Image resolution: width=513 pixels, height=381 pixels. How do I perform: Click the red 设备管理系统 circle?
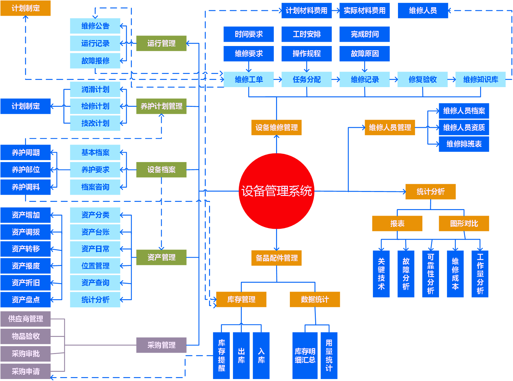(276, 191)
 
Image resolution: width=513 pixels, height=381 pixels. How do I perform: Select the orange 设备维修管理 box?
(276, 128)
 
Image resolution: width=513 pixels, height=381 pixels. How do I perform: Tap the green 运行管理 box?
(161, 43)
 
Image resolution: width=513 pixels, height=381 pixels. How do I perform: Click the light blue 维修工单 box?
(248, 80)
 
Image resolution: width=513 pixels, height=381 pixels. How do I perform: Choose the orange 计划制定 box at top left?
(25, 8)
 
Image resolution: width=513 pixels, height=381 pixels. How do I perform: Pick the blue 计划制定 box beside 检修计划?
(25, 106)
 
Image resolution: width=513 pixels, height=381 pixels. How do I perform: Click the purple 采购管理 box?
(161, 345)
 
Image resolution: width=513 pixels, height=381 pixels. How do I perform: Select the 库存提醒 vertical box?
(222, 355)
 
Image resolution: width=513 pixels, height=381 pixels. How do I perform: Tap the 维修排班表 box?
(464, 144)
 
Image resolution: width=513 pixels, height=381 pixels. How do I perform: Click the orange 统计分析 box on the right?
(430, 192)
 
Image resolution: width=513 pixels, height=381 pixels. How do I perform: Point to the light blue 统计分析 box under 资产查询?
(95, 300)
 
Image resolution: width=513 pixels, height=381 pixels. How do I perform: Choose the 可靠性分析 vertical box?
(431, 274)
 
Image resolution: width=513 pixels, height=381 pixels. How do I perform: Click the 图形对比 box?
(464, 224)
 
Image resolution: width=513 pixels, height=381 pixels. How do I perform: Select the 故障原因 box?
(364, 54)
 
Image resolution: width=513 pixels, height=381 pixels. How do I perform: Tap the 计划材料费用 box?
(306, 11)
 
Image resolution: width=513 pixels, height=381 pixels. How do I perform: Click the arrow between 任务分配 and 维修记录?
(336, 80)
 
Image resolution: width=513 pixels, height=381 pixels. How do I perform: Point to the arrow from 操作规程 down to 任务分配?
(307, 67)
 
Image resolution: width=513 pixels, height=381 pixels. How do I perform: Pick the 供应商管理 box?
(25, 319)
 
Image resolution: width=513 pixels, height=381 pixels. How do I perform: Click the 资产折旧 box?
(25, 283)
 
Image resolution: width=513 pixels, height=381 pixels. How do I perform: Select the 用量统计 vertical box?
(329, 355)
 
